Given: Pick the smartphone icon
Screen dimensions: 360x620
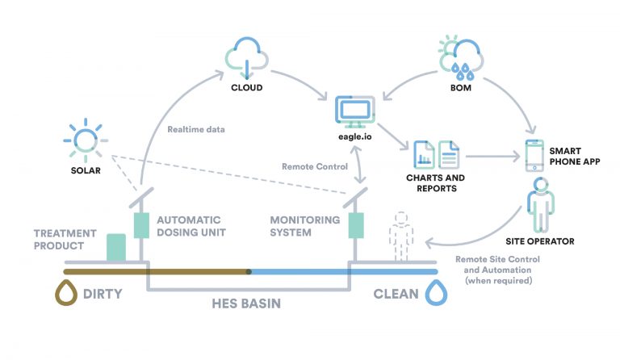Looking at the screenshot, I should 534,154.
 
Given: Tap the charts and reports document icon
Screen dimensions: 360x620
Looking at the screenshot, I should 436,155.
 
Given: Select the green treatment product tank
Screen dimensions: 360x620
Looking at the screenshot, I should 116,248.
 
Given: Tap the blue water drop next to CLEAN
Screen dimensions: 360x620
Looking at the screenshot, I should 436,293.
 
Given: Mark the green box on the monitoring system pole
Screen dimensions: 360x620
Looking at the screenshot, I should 354,225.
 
